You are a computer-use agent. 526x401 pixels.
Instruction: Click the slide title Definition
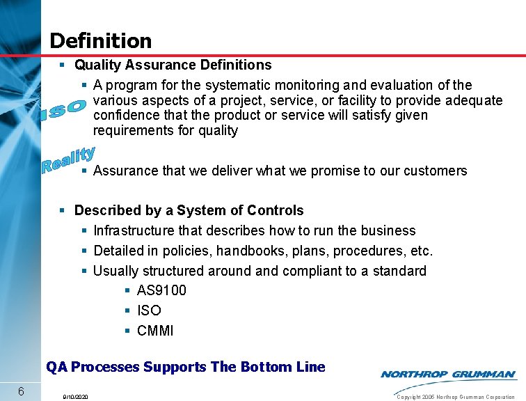coord(100,40)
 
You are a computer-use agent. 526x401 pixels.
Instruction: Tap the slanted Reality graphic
coord(68,159)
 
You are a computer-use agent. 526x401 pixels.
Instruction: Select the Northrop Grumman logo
coord(448,375)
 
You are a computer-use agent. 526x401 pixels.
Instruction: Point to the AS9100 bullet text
coord(161,290)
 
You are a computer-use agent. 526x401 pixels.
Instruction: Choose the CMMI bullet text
coord(155,331)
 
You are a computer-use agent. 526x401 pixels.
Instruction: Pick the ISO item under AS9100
coord(149,310)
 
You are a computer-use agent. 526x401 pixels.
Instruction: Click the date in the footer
coord(74,397)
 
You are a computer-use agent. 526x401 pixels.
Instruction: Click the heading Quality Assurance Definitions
coord(173,65)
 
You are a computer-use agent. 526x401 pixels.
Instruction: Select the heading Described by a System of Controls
coord(189,210)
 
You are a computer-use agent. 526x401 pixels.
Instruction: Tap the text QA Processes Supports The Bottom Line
coord(185,366)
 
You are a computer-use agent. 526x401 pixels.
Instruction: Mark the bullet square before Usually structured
coord(85,271)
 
